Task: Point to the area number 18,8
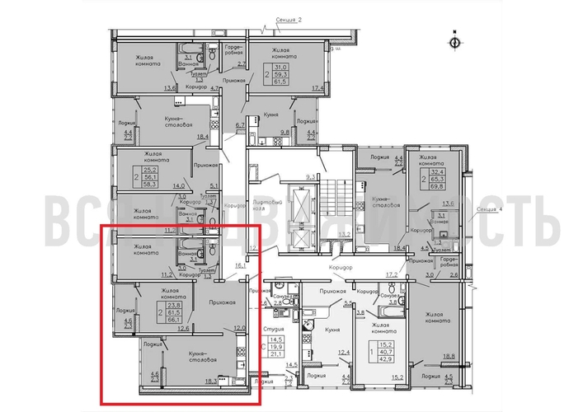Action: [x=449, y=356]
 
